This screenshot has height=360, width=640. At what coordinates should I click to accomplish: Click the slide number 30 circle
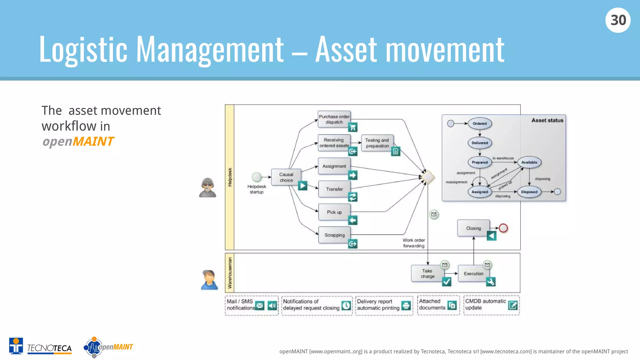point(618,20)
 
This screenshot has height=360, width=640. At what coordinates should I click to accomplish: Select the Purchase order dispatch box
point(334,119)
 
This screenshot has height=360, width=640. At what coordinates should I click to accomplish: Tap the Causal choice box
point(286,177)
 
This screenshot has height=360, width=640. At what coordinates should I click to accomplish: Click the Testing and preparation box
point(377,143)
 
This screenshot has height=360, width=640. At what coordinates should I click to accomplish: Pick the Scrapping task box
point(334,235)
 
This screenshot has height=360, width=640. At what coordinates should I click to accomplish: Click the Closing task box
point(473,228)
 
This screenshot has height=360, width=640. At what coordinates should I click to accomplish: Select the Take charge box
point(427,273)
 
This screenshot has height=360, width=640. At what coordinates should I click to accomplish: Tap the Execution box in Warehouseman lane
point(473,273)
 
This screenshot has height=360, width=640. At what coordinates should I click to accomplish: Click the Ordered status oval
point(479,123)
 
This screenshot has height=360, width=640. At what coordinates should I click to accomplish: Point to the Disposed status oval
point(529,192)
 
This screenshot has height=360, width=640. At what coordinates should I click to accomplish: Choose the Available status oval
point(529,162)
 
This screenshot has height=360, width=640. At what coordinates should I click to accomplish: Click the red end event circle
point(503,228)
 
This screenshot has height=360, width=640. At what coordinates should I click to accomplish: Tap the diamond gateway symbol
point(427,177)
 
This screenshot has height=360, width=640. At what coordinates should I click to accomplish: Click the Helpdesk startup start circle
point(257,177)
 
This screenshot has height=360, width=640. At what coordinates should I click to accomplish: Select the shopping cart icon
point(352,127)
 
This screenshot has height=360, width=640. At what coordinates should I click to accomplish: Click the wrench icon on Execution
point(491,282)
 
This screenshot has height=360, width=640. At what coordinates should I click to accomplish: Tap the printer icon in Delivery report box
point(406,305)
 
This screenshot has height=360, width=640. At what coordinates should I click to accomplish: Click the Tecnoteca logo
point(41,346)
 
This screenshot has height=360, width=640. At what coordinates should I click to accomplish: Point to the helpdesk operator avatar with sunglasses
point(207,187)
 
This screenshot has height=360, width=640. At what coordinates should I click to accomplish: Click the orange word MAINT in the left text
point(93,142)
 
